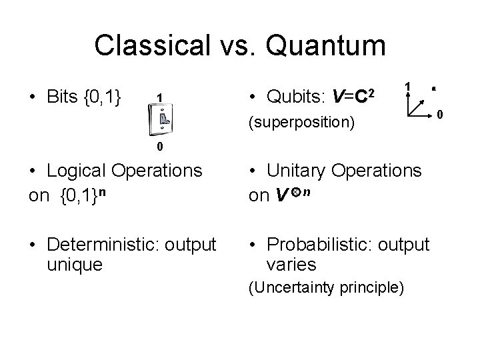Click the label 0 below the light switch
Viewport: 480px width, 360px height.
(x=161, y=147)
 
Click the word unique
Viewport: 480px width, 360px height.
(x=75, y=265)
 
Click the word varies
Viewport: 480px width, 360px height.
(x=291, y=265)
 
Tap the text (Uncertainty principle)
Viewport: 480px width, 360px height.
(x=326, y=288)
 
